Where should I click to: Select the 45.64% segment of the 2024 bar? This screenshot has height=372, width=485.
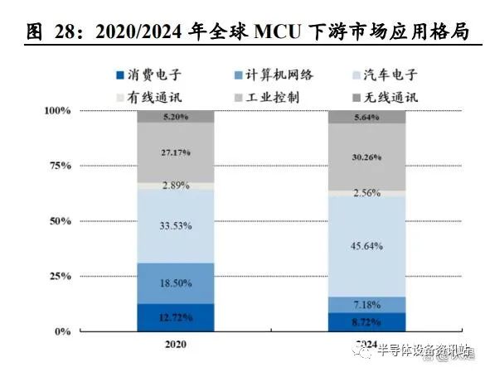[x=366, y=245]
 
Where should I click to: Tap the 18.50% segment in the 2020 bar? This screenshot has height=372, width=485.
[x=175, y=283]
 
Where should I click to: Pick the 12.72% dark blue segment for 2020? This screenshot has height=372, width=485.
[x=175, y=317]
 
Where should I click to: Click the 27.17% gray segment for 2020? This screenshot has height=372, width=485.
[x=175, y=152]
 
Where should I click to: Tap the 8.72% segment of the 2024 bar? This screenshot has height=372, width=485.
[x=366, y=321]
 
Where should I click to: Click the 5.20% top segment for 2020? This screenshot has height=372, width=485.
[x=175, y=116]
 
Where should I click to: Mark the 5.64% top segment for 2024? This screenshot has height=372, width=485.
[x=366, y=117]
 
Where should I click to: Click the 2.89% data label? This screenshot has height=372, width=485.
[x=175, y=186]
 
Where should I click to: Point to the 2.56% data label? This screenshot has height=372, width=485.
[x=366, y=192]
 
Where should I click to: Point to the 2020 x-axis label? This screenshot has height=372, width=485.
[x=175, y=343]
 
